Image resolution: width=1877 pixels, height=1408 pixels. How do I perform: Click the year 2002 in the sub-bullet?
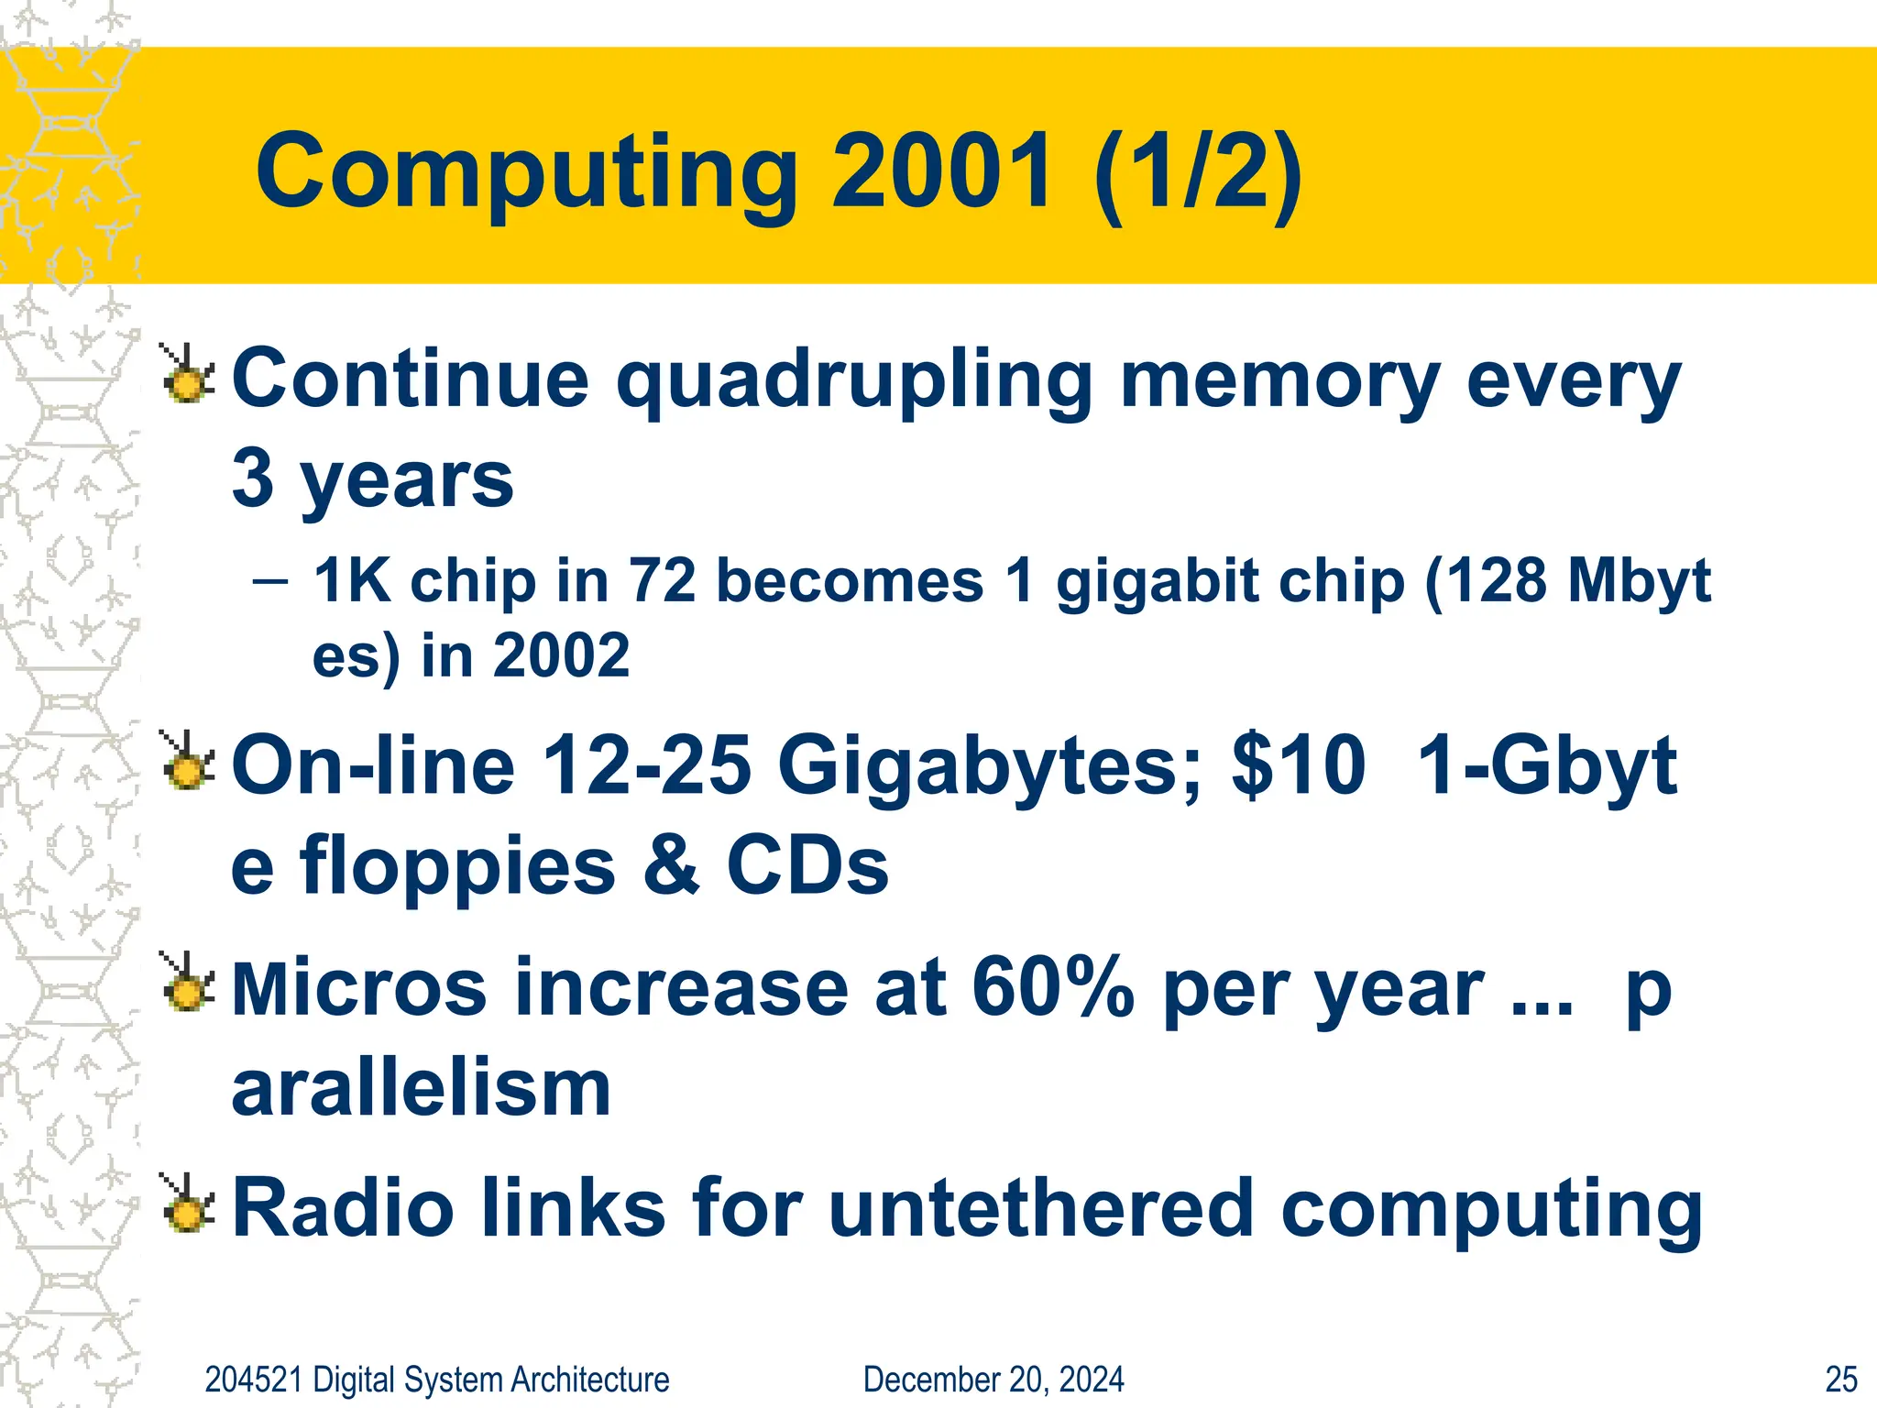pos(561,656)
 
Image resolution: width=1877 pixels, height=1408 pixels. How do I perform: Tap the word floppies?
pos(457,868)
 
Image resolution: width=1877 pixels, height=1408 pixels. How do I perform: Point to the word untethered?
pos(1039,1209)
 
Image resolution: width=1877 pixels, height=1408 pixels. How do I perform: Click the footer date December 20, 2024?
pos(993,1380)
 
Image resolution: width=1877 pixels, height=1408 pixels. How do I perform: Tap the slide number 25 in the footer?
pos(1841,1380)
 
